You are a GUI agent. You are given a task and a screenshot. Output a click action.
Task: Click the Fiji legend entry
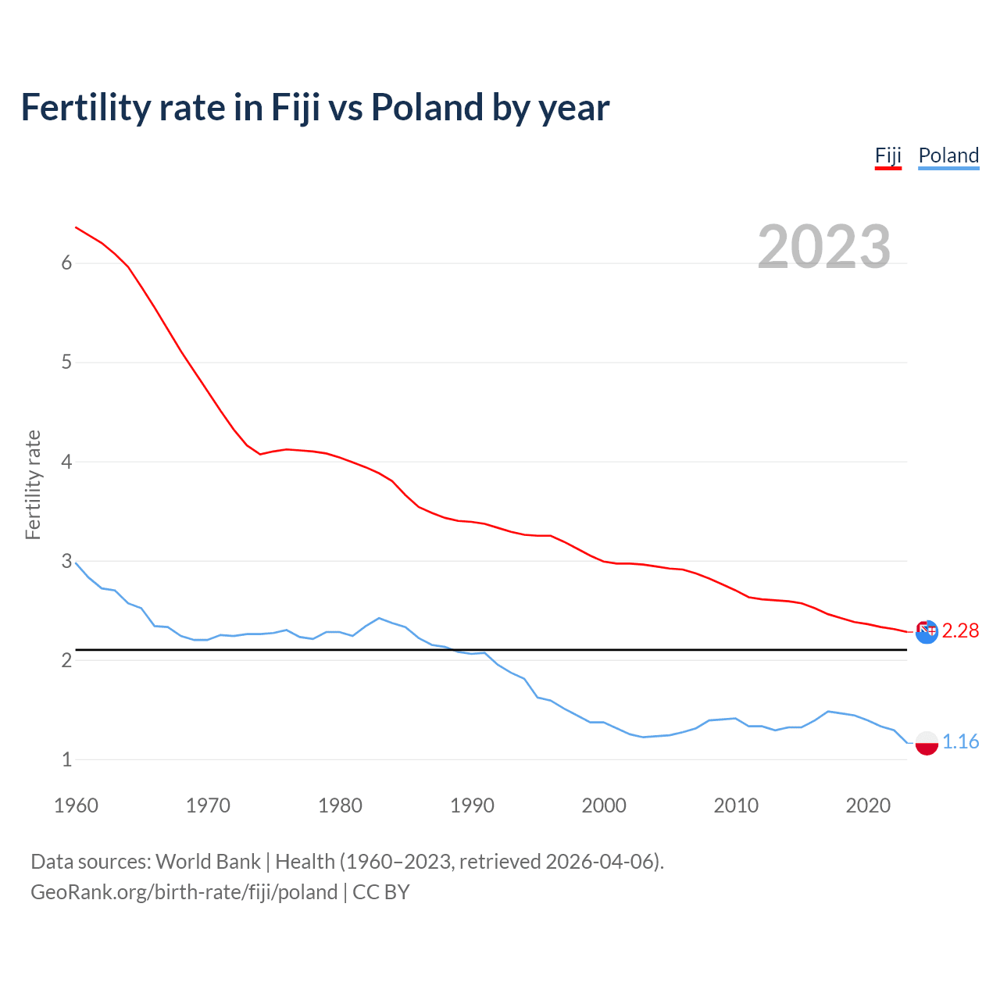[887, 155]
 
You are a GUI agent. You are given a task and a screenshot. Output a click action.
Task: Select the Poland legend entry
[948, 155]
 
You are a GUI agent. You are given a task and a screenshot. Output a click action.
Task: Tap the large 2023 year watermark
[823, 247]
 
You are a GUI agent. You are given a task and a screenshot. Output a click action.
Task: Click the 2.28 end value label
[960, 630]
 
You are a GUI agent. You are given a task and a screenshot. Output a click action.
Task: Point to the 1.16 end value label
[960, 741]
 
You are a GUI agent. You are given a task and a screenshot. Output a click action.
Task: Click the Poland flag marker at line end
[927, 743]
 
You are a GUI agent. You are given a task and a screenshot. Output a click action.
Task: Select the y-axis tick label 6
[66, 263]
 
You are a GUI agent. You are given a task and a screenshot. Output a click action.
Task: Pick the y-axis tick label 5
[66, 362]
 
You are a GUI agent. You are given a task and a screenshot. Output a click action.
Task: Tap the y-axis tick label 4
[66, 462]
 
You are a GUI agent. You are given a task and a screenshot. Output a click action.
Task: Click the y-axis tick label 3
[66, 561]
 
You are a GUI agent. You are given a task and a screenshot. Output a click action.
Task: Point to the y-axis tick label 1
[66, 759]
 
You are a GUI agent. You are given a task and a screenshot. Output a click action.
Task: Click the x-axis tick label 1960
[76, 805]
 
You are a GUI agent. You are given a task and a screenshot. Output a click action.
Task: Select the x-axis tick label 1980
[340, 805]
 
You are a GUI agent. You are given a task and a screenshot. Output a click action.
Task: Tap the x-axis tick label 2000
[604, 805]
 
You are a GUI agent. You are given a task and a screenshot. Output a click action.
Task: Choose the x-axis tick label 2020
[868, 805]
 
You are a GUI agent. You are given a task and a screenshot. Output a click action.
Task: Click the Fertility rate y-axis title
[33, 484]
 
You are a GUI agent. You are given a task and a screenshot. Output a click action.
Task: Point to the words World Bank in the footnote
[208, 862]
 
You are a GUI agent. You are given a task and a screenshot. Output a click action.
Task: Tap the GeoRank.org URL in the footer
[184, 892]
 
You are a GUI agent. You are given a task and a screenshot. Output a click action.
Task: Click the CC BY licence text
[381, 892]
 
